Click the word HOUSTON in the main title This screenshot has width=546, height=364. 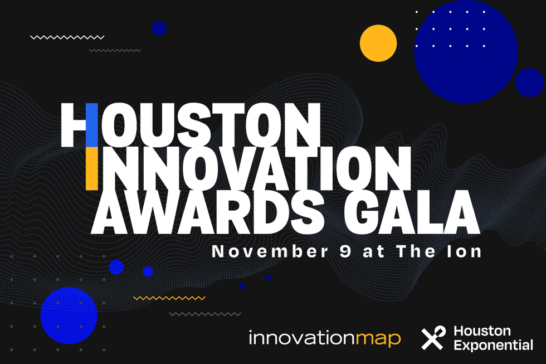[x=190, y=125]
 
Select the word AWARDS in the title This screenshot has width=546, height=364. [x=207, y=211]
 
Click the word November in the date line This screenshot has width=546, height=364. [x=270, y=251]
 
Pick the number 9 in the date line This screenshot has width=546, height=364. [x=345, y=251]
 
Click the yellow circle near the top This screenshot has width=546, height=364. [x=378, y=43]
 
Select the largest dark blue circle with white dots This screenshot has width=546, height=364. [x=466, y=52]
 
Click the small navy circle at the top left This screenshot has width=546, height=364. [x=159, y=28]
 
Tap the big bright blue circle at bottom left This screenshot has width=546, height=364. [x=69, y=316]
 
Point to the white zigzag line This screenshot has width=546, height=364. [x=67, y=37]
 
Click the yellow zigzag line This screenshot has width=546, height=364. [x=169, y=298]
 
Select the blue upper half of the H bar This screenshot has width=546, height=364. [x=92, y=125]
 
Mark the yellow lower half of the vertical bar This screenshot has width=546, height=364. [x=92, y=168]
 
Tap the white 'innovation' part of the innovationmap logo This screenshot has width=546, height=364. [x=303, y=338]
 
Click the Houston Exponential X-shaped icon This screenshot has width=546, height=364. [x=433, y=338]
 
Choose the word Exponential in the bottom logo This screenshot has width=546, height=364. [x=494, y=345]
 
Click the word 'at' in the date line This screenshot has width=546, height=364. [x=374, y=252]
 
